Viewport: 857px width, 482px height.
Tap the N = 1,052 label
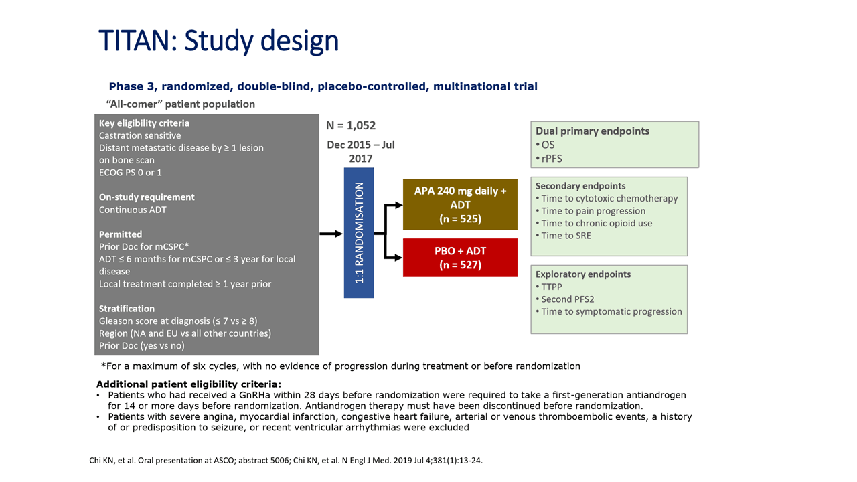point(351,125)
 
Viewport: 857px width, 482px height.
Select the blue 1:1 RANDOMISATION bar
point(359,232)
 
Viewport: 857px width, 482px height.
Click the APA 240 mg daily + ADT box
point(460,205)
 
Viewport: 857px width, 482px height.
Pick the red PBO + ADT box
point(460,258)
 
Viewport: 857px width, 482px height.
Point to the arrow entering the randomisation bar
point(331,234)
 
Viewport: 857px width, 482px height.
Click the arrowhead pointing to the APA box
point(398,205)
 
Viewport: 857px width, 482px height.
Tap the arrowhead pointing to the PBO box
point(398,258)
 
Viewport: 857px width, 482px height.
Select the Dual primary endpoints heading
point(593,131)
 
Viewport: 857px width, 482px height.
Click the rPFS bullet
point(549,159)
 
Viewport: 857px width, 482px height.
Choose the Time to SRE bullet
point(563,236)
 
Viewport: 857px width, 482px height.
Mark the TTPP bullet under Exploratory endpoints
point(549,287)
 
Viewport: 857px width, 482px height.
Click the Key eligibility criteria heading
point(144,123)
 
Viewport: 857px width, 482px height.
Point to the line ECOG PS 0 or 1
point(131,173)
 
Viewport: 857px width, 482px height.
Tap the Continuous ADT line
point(133,210)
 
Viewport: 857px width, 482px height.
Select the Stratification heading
point(127,309)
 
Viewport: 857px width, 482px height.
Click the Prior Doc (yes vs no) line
point(142,346)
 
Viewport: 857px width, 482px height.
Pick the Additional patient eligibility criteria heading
point(189,384)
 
